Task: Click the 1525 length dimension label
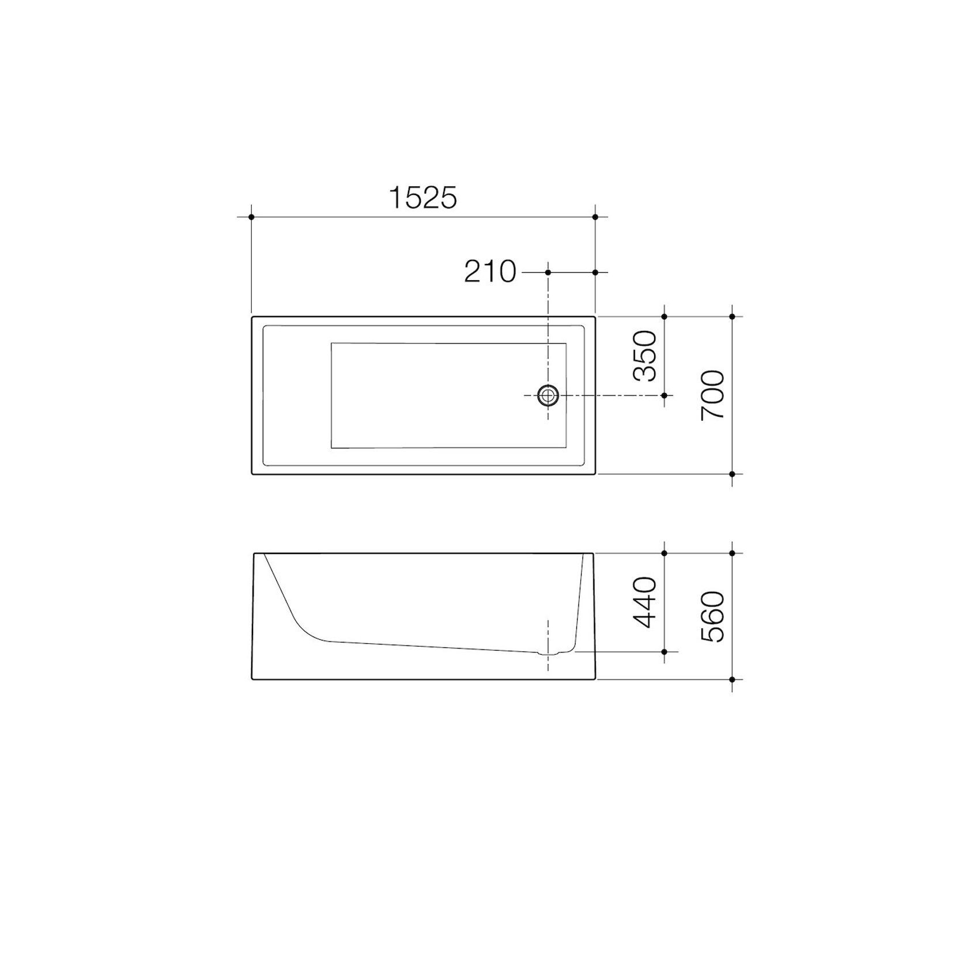[x=423, y=198]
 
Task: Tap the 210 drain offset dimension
[x=490, y=271]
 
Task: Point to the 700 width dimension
[x=712, y=395]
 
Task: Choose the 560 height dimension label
[x=712, y=616]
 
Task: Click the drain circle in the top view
[x=548, y=395]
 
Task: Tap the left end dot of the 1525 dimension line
[x=251, y=217]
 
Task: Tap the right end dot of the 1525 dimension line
[x=595, y=217]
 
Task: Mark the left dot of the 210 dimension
[x=548, y=271]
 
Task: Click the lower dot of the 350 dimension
[x=665, y=395]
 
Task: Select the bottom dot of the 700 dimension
[x=732, y=474]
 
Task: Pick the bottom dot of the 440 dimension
[x=665, y=652]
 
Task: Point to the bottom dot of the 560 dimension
[x=732, y=679]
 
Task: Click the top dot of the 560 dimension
[x=732, y=553]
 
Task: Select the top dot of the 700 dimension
[x=732, y=316]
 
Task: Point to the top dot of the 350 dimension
[x=665, y=316]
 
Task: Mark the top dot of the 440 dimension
[x=665, y=553]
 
